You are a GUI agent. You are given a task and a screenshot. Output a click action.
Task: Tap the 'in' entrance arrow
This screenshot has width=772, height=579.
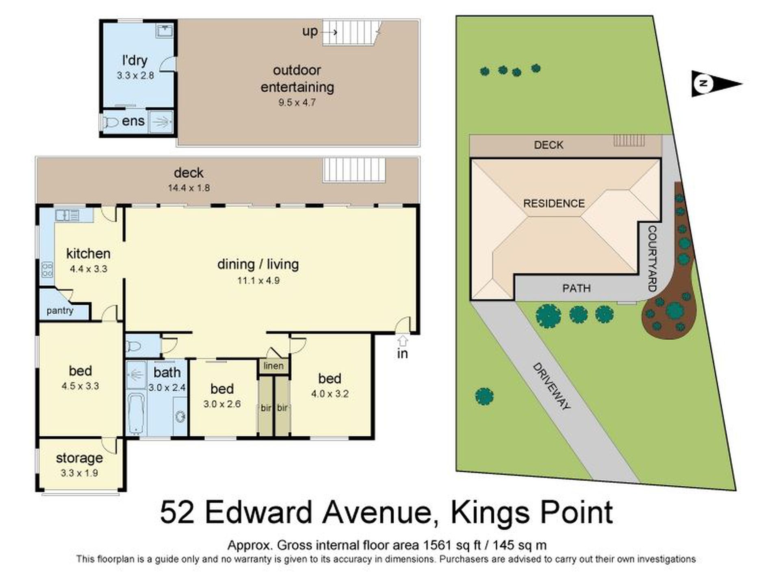402,340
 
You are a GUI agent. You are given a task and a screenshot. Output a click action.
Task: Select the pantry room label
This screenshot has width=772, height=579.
60,311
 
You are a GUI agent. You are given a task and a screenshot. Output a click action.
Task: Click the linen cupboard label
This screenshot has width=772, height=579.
273,366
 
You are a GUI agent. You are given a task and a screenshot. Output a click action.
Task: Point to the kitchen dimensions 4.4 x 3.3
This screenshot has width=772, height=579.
88,269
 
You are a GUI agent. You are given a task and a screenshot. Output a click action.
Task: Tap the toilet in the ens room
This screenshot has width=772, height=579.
111,121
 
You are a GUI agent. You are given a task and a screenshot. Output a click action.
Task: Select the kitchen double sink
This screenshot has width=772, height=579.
67,215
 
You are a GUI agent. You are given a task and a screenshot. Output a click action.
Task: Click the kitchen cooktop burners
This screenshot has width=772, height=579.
47,270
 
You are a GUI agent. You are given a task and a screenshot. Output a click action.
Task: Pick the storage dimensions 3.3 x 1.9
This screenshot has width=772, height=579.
79,473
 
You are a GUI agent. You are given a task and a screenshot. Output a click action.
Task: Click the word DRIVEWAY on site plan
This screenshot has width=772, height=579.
551,386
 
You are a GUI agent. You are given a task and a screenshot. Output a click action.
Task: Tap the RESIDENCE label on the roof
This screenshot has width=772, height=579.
553,204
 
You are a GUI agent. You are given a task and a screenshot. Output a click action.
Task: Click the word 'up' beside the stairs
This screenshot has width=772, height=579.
310,31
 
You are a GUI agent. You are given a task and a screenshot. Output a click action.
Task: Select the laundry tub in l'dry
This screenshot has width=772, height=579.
165,30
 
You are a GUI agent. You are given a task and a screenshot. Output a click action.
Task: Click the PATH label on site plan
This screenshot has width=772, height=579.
576,288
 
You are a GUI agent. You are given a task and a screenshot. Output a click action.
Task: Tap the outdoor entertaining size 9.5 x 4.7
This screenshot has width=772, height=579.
297,102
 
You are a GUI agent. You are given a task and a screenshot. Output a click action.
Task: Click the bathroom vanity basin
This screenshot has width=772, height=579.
180,416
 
